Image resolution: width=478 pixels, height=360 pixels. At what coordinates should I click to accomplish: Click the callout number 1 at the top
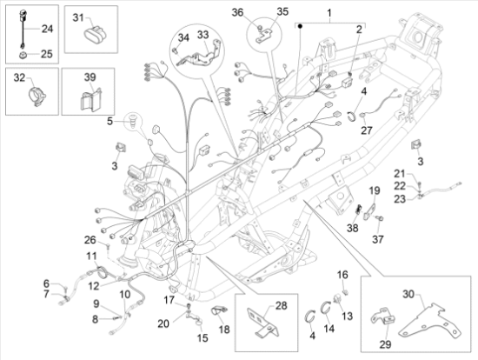(x=329, y=12)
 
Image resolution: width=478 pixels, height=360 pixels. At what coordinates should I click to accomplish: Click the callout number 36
(x=237, y=12)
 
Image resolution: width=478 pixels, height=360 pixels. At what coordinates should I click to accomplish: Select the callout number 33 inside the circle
(x=202, y=35)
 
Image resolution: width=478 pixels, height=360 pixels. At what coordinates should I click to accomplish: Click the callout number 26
(x=90, y=240)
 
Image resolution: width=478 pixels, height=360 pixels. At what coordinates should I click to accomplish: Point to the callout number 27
(x=366, y=130)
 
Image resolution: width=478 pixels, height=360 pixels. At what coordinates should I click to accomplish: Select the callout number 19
(x=374, y=190)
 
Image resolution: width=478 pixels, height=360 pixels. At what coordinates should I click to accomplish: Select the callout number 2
(x=357, y=30)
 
